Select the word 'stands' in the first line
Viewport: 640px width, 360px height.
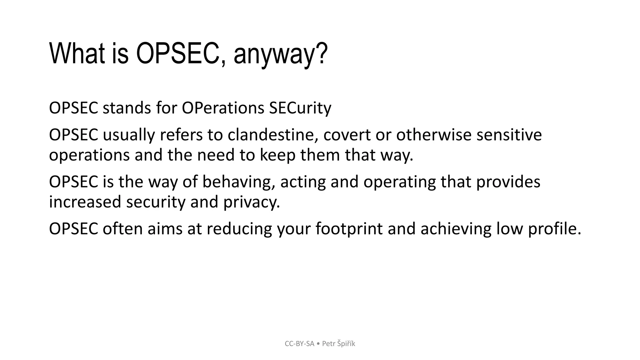click(127, 108)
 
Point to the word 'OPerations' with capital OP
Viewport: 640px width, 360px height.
click(223, 108)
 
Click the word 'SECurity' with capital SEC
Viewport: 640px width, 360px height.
click(300, 108)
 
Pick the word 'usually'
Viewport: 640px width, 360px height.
click(128, 135)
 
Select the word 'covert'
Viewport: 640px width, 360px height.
click(347, 135)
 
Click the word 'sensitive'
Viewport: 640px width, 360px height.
click(509, 135)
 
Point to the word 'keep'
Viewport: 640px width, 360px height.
click(277, 155)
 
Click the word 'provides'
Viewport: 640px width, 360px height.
click(508, 182)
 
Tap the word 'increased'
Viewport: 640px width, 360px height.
click(85, 202)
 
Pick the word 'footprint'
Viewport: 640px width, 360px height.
click(349, 229)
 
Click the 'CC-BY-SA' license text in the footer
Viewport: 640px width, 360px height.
click(299, 344)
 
